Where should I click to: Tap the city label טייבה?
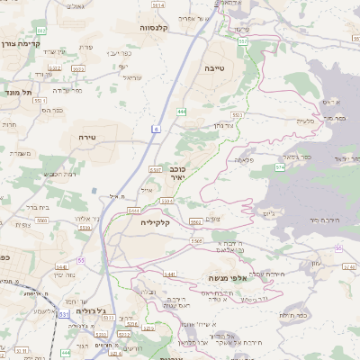215,67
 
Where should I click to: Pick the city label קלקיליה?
155,221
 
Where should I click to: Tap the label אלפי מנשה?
227,279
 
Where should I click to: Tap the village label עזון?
317,263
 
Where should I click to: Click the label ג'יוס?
267,213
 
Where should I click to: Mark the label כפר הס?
52,110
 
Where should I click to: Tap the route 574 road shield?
281,166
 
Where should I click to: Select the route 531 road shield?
64,314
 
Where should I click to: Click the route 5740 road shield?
349,267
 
